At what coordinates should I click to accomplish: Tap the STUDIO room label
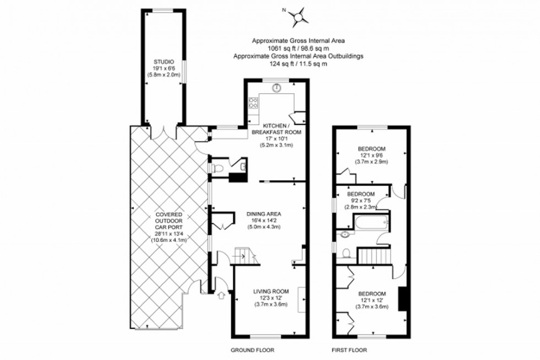[164, 61]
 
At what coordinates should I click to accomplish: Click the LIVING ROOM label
[271, 291]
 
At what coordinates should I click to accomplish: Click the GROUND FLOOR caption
[252, 350]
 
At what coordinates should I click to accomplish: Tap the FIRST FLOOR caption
[349, 350]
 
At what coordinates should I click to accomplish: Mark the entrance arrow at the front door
[222, 296]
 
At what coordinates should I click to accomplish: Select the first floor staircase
[375, 256]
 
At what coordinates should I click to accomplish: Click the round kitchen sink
[278, 87]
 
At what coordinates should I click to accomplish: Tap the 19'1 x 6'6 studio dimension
[164, 68]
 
